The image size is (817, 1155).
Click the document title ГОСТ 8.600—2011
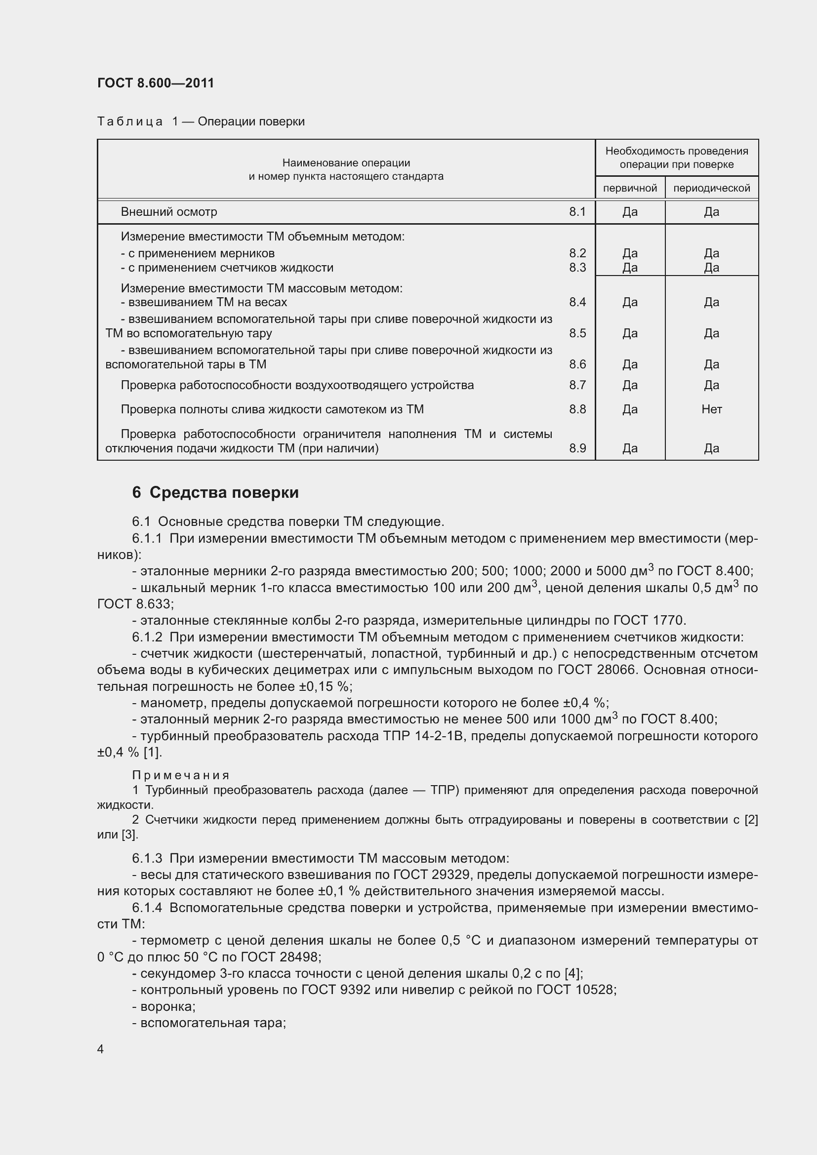(156, 83)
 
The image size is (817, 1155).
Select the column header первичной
(630, 188)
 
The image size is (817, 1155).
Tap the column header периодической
(711, 188)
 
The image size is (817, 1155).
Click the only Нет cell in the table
(711, 409)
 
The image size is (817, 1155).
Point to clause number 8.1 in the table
(577, 212)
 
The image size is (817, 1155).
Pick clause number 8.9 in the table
(577, 448)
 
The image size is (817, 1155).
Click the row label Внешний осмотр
(169, 212)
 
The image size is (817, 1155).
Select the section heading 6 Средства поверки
(215, 492)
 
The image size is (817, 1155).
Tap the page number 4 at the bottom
(101, 1049)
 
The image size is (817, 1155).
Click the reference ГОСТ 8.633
(134, 604)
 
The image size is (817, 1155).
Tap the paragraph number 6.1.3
(147, 858)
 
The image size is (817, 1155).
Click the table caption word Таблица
(130, 122)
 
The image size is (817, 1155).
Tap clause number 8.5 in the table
(577, 333)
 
